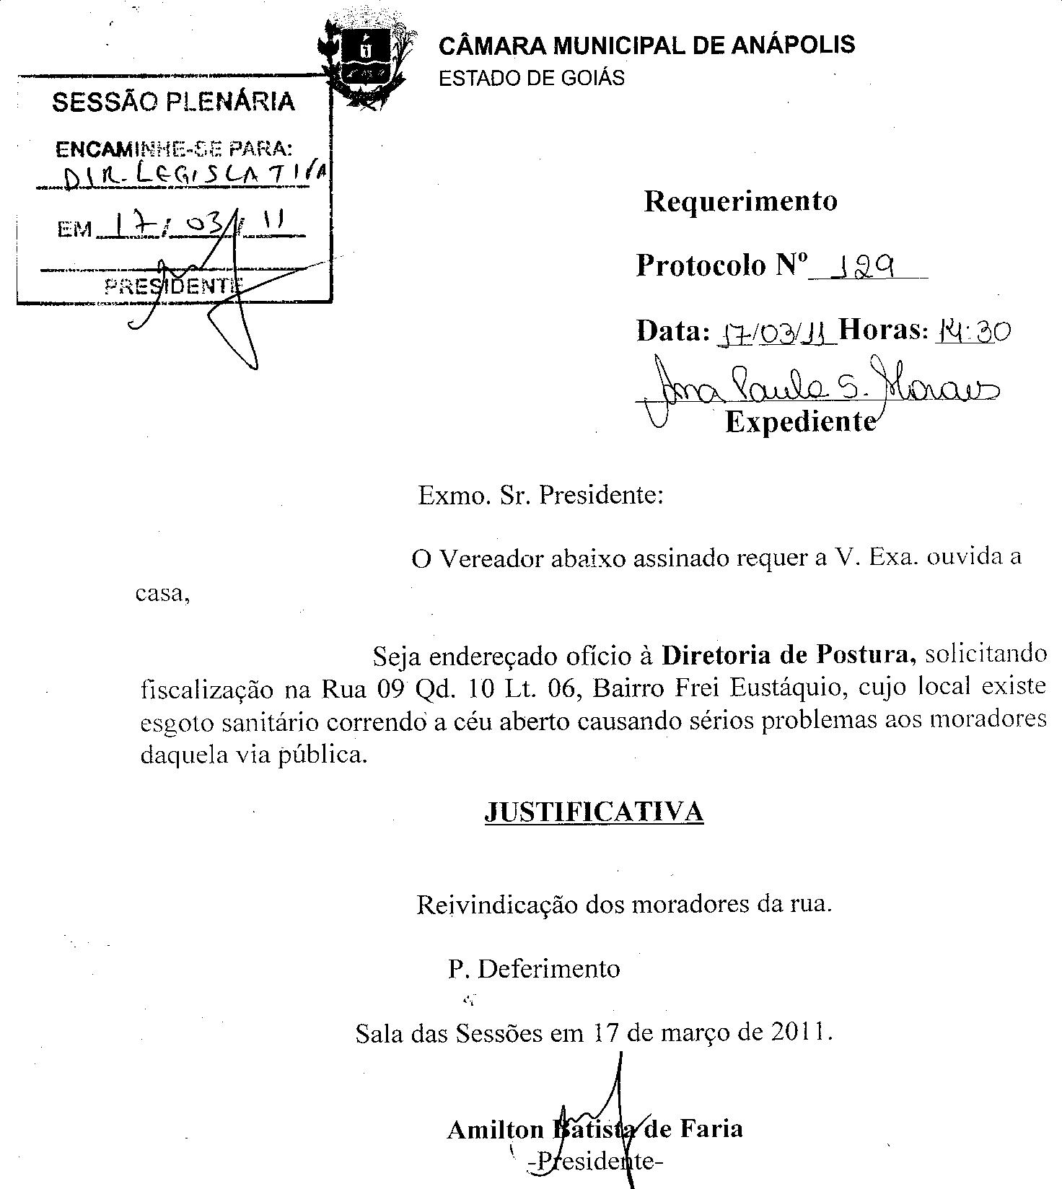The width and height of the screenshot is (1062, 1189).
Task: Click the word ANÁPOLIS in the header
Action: pyautogui.click(x=794, y=45)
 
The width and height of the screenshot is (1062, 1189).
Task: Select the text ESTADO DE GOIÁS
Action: pyautogui.click(x=532, y=78)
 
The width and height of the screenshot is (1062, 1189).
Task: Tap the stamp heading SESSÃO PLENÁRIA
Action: pyautogui.click(x=173, y=102)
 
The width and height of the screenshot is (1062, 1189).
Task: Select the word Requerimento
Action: pyautogui.click(x=740, y=201)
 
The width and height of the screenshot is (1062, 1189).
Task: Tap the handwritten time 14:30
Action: pyautogui.click(x=973, y=331)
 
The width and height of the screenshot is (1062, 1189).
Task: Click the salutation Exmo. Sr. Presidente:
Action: pyautogui.click(x=540, y=496)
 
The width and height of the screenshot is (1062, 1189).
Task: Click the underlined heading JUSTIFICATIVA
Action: pyautogui.click(x=593, y=812)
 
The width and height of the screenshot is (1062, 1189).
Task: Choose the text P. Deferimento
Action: pyautogui.click(x=534, y=968)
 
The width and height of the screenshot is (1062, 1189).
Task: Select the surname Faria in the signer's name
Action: pyautogui.click(x=711, y=1128)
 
